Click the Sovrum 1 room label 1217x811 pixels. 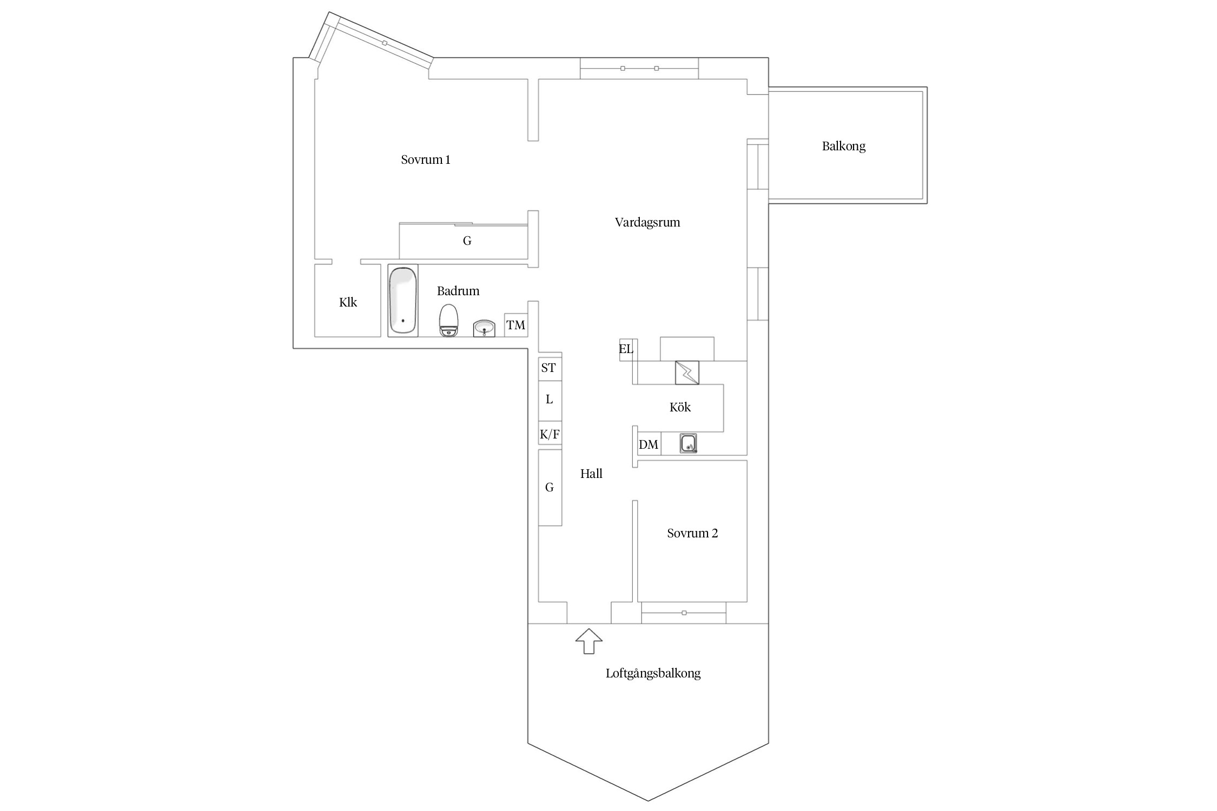click(x=426, y=159)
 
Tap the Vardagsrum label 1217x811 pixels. click(x=647, y=222)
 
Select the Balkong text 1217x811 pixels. click(x=844, y=146)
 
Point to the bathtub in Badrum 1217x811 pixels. click(x=403, y=301)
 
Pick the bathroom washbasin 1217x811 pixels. click(x=484, y=328)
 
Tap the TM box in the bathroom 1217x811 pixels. click(x=516, y=325)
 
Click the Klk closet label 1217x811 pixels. click(x=348, y=302)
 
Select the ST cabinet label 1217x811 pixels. click(x=548, y=368)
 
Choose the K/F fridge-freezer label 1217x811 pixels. click(x=550, y=434)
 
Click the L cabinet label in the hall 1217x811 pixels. click(x=550, y=400)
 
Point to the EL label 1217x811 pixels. click(x=626, y=349)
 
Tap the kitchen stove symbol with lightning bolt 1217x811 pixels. click(x=687, y=373)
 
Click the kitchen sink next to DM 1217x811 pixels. click(x=688, y=443)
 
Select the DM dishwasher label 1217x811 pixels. click(x=649, y=444)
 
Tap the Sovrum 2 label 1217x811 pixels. click(x=692, y=533)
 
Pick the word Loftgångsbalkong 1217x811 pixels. click(x=653, y=674)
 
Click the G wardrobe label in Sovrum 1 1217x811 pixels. click(x=467, y=241)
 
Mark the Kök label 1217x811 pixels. click(x=680, y=407)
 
